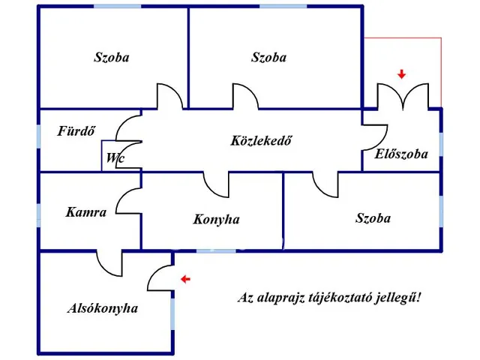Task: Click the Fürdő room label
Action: point(76,131)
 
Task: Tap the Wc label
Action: point(115,158)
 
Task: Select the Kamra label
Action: point(86,212)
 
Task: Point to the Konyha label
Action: point(216,220)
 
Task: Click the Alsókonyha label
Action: point(103,308)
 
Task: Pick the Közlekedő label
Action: point(261,140)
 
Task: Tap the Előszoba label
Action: point(401,154)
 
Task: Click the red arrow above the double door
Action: point(402,74)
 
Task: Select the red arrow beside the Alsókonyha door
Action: point(185,279)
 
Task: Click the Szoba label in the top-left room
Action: point(112,57)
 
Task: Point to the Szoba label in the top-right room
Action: point(268,57)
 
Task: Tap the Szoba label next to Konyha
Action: point(373,218)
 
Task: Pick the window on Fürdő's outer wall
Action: point(38,136)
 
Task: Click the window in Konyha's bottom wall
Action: point(216,251)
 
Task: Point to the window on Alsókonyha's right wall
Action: point(172,313)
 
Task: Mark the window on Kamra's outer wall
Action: point(38,215)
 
